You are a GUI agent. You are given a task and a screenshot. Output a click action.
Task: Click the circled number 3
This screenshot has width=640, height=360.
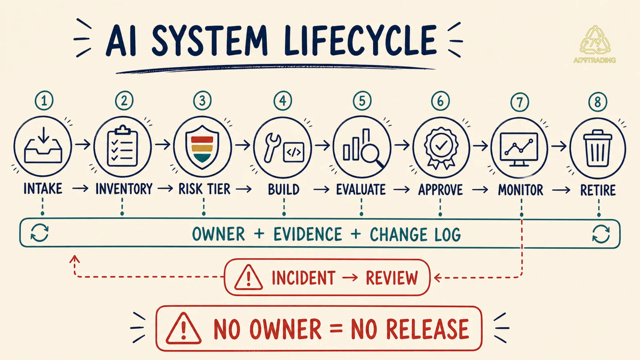202,100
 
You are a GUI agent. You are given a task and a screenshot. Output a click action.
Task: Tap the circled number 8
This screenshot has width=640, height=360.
598,102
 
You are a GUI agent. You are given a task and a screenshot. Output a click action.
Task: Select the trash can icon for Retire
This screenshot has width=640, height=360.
598,148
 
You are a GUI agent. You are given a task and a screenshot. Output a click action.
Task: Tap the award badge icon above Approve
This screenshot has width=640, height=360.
441,148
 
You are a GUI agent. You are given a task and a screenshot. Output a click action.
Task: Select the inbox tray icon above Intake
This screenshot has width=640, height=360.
43,146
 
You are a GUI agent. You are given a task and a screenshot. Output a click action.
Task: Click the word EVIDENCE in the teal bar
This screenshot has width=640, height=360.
308,234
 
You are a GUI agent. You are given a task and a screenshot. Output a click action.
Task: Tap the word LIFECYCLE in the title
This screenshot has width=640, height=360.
360,40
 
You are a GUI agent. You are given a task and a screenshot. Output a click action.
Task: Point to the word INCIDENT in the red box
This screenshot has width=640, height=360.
304,278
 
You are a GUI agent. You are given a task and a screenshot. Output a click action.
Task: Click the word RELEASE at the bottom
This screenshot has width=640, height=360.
410,329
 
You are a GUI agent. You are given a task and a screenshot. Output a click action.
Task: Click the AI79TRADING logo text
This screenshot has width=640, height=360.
594,60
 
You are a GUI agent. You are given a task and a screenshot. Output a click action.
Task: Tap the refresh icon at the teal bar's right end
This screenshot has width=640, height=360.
601,234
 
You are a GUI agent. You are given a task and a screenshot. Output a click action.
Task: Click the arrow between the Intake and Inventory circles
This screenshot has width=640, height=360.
83,144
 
